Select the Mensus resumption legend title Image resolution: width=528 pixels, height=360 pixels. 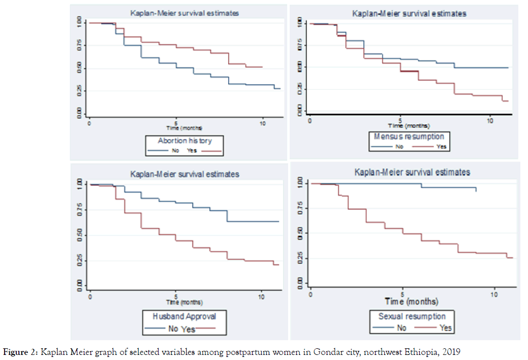[409, 136]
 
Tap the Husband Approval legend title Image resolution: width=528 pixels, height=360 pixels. [184, 316]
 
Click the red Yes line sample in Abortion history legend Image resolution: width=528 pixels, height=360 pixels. [212, 151]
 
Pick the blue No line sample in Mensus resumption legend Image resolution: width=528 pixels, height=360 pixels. [383, 147]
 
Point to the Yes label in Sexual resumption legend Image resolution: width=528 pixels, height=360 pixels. [445, 328]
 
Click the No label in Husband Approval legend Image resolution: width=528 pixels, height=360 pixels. [173, 329]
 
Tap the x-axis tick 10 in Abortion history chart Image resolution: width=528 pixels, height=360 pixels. [262, 123]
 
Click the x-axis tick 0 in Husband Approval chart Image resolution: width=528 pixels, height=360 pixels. [90, 296]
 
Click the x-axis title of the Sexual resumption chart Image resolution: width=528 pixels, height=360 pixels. [411, 302]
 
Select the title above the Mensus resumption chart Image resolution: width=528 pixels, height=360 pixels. [409, 14]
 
